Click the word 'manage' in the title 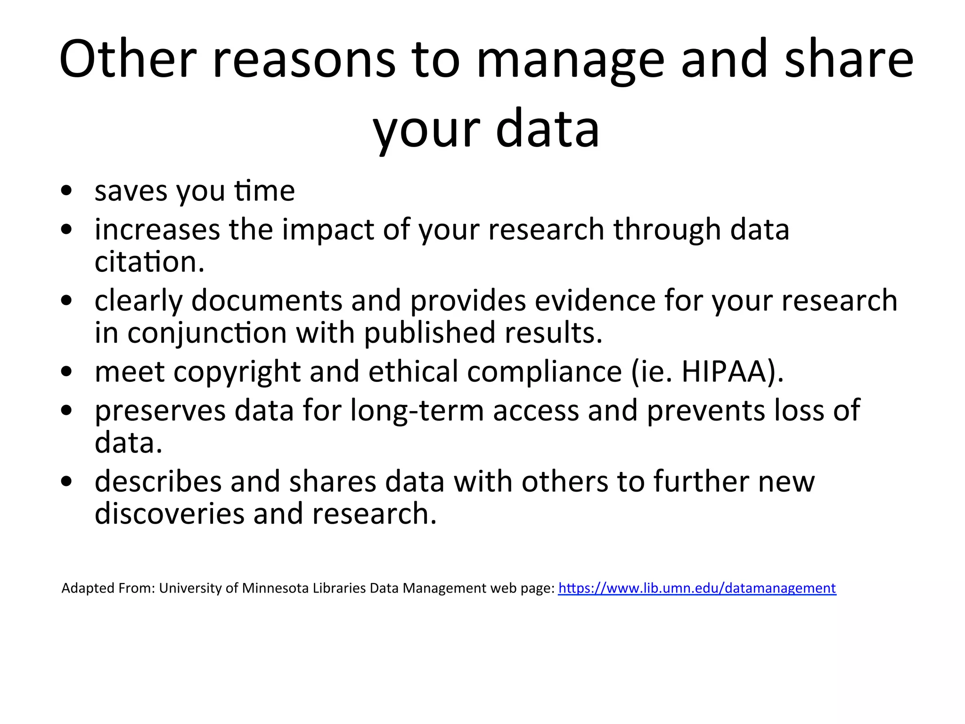click(571, 61)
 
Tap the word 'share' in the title click(849, 59)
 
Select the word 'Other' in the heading click(128, 59)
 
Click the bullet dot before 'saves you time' click(66, 191)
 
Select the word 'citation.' click(149, 262)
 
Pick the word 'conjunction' click(207, 333)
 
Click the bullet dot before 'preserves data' click(66, 411)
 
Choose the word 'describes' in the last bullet click(158, 482)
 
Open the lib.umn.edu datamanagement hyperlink click(697, 588)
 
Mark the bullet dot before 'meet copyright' click(66, 372)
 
